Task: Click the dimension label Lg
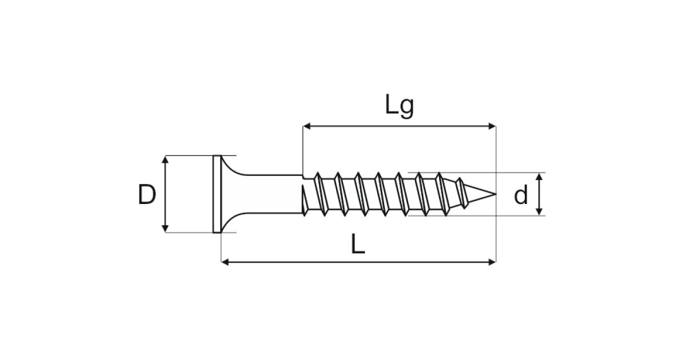click(400, 106)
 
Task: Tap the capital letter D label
click(147, 194)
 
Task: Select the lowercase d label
click(521, 194)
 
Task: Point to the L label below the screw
click(358, 243)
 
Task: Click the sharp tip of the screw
click(496, 194)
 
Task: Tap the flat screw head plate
click(217, 194)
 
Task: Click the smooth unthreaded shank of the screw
click(273, 194)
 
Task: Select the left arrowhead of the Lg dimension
click(306, 126)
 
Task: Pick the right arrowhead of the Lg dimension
click(492, 126)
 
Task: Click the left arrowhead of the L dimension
click(225, 262)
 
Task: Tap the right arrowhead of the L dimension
click(492, 262)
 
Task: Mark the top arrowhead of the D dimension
click(165, 159)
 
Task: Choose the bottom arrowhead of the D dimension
click(165, 229)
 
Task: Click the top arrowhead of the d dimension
click(539, 177)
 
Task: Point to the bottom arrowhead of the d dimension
click(539, 211)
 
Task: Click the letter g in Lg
click(407, 109)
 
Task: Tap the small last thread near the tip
click(461, 193)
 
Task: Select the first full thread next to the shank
click(321, 194)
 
